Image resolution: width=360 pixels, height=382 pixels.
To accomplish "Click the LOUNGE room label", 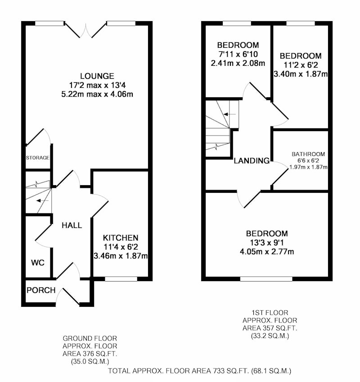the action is point(97,76).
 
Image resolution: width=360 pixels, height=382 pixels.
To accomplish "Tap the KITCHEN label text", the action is point(121,238).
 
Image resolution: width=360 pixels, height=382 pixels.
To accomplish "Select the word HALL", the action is point(72,225).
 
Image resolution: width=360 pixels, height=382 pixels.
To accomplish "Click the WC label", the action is point(38,263).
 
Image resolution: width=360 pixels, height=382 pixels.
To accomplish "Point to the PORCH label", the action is point(41,290).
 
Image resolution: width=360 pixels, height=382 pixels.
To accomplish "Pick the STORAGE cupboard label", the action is point(38,158).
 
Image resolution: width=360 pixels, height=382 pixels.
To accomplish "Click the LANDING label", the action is point(252,160).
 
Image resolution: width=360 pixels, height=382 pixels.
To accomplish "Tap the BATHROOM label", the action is point(308,154).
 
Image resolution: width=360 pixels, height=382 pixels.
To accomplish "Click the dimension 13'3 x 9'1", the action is point(267,243).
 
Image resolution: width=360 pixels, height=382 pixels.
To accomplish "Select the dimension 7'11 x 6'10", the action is point(238,54).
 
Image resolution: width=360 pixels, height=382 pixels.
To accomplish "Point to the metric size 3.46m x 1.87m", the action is point(121,256).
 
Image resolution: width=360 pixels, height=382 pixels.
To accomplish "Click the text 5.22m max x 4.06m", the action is point(97,94).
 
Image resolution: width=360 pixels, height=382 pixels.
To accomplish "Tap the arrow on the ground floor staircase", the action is point(42,201).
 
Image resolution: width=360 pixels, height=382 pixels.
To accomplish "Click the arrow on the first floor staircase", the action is point(229,114).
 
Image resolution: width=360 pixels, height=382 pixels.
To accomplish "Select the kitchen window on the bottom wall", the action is point(121,279).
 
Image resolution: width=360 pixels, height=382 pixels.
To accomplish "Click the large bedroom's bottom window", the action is point(266,279).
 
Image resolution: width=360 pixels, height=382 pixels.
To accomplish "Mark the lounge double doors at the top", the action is point(85,31).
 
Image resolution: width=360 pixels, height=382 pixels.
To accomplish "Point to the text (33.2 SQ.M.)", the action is point(270,336).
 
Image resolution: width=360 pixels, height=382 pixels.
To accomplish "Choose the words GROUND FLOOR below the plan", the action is point(90,338).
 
